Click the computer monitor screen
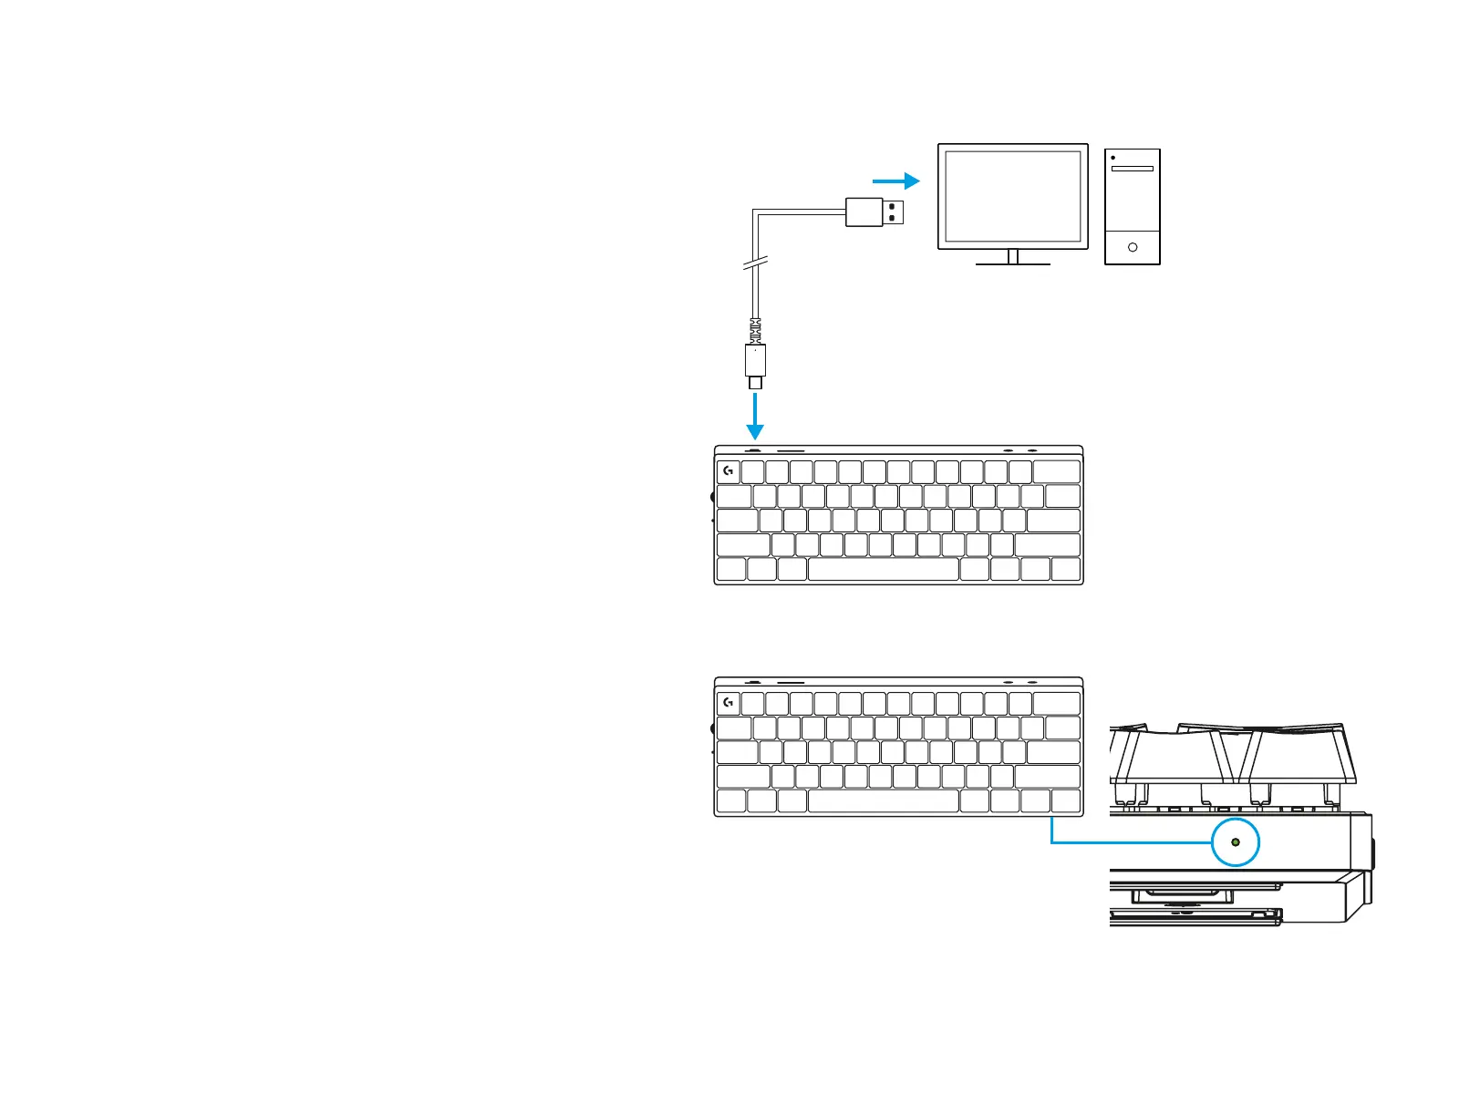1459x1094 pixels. click(x=1012, y=196)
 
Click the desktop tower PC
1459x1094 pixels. click(x=1133, y=208)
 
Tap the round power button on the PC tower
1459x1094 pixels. click(x=1133, y=247)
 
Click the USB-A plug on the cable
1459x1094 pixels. click(x=874, y=212)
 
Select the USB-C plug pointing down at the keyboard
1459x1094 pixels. click(x=755, y=364)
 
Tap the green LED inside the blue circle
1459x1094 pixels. click(x=1236, y=842)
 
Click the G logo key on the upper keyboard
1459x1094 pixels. click(x=728, y=471)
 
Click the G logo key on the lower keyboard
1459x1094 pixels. click(x=728, y=703)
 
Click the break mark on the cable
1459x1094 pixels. click(x=756, y=264)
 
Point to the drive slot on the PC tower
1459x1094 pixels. click(x=1133, y=169)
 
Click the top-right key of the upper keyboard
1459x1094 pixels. click(x=1057, y=471)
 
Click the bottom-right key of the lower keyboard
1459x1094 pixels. click(x=1066, y=801)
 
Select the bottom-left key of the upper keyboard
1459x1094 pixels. click(x=730, y=570)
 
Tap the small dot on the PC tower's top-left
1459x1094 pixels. click(x=1113, y=158)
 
